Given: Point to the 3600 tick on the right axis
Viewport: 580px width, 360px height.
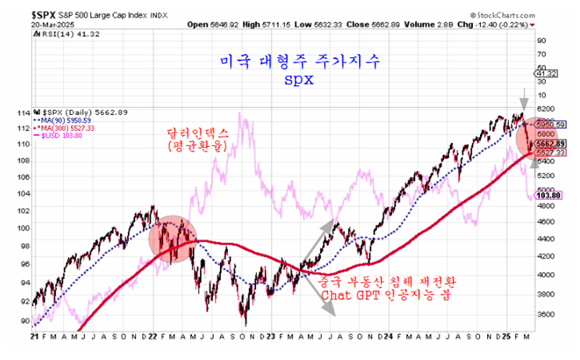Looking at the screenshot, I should click(x=544, y=314).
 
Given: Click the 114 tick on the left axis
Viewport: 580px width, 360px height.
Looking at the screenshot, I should click(x=23, y=112).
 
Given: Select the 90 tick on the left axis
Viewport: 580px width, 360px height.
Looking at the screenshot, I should click(x=25, y=320).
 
